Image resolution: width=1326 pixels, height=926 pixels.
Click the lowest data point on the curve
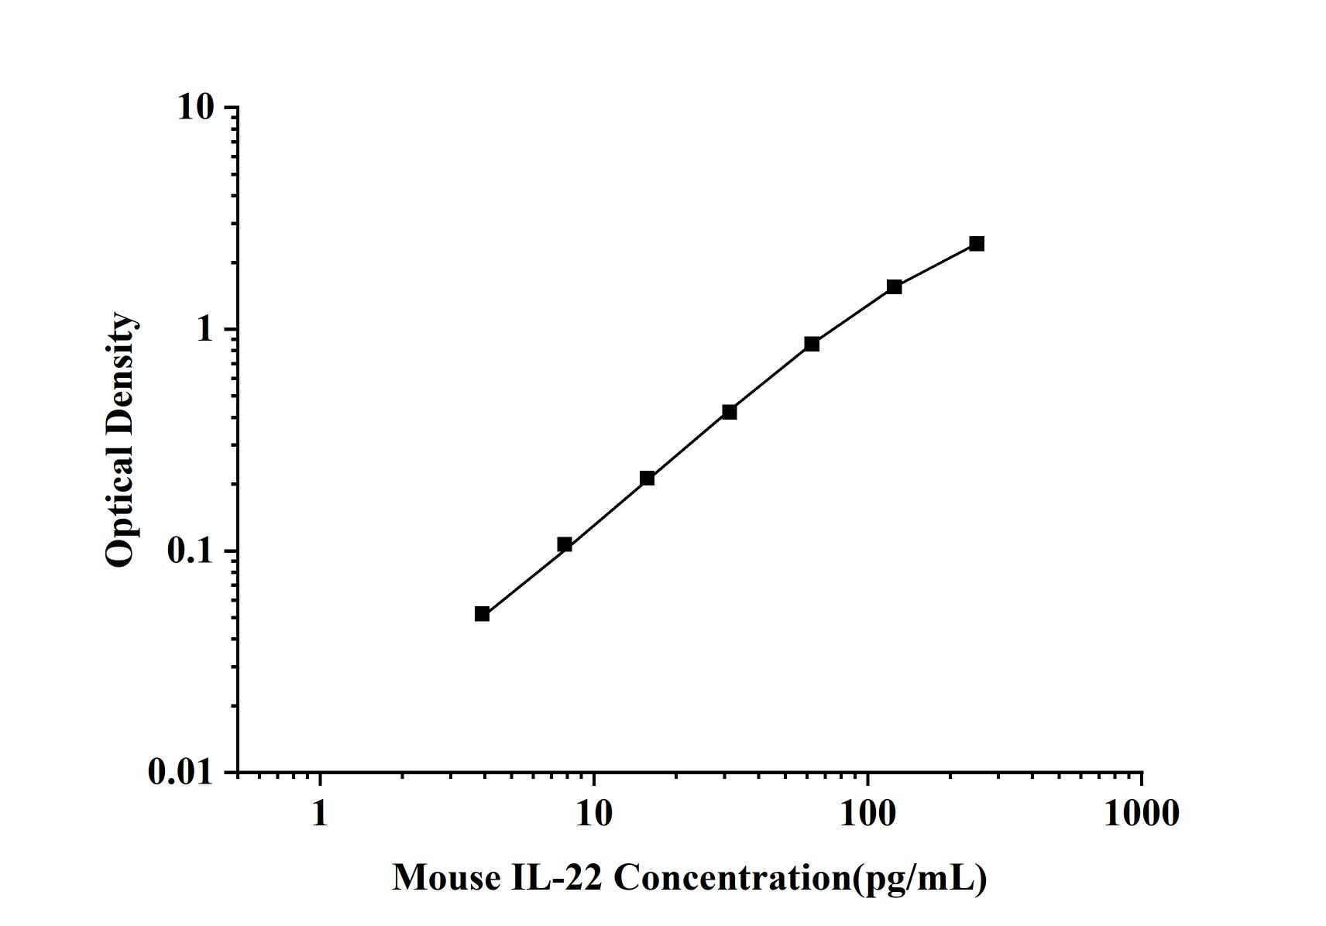point(482,614)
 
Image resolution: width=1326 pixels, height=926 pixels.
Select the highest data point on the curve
point(977,244)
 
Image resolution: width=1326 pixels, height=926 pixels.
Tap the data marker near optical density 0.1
point(565,545)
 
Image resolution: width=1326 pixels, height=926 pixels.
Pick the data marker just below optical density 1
point(812,344)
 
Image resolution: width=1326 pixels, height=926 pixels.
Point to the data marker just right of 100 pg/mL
point(895,287)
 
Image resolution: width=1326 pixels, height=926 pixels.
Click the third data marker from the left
point(647,478)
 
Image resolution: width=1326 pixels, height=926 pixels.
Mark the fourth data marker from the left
point(730,412)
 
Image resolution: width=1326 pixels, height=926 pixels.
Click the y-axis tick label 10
point(195,108)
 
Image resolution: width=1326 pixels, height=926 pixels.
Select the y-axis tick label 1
point(205,330)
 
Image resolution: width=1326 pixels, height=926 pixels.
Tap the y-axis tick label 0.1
point(190,551)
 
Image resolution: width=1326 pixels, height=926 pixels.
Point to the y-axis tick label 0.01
point(180,772)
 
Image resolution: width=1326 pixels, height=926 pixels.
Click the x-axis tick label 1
point(320,813)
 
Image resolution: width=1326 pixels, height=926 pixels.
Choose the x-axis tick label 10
point(593,813)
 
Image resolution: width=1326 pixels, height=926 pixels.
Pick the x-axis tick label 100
point(867,813)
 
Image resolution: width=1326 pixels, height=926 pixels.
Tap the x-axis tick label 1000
point(1142,813)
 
